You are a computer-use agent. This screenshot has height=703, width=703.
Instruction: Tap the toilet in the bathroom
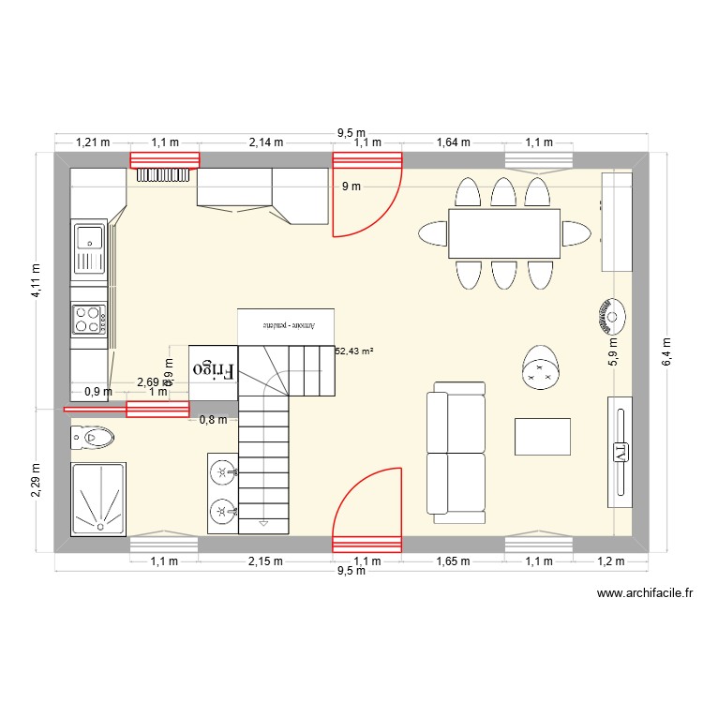[x=93, y=436]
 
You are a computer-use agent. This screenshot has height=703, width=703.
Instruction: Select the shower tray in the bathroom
[x=98, y=497]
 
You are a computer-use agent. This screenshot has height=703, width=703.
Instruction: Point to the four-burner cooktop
[x=89, y=320]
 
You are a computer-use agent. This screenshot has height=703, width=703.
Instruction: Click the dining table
[x=504, y=233]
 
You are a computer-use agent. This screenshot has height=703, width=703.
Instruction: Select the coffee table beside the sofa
[x=543, y=437]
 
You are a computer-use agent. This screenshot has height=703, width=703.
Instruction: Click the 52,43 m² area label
[x=354, y=351]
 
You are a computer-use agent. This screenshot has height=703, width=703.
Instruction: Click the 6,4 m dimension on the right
[x=666, y=353]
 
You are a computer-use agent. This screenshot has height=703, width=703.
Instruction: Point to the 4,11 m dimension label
[x=37, y=279]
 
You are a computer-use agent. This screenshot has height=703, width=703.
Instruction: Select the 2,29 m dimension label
[x=37, y=475]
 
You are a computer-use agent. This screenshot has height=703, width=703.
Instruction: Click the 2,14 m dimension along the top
[x=265, y=142]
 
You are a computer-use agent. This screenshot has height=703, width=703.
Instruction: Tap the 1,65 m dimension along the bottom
[x=453, y=561]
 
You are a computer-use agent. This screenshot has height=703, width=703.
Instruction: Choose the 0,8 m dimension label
[x=214, y=420]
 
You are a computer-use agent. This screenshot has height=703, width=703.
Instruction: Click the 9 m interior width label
[x=351, y=187]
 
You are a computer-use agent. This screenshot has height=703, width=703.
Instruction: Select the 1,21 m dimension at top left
[x=93, y=142]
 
